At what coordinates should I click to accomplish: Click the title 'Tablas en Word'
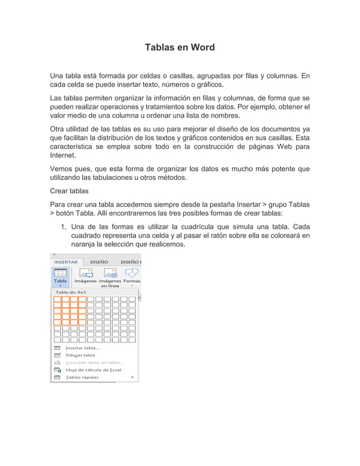pos(180,47)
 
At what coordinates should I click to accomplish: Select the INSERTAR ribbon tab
pos(66,262)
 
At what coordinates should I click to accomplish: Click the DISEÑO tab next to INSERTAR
pos(99,262)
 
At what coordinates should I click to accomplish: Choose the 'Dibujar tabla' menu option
pos(80,355)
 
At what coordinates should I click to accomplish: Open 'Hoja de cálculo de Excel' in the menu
pos(93,370)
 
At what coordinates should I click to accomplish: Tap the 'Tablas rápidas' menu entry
pos(82,377)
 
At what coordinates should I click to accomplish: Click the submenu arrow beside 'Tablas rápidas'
pos(133,377)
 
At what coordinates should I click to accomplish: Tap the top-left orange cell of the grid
pos(57,300)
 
